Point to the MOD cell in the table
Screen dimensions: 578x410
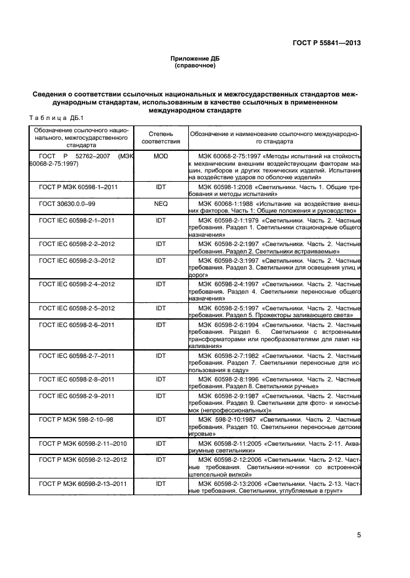[x=160, y=156]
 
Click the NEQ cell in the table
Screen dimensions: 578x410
[x=160, y=202]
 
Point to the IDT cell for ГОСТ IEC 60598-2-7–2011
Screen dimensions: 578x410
[x=160, y=356]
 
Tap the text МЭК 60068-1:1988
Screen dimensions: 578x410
[x=226, y=202]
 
